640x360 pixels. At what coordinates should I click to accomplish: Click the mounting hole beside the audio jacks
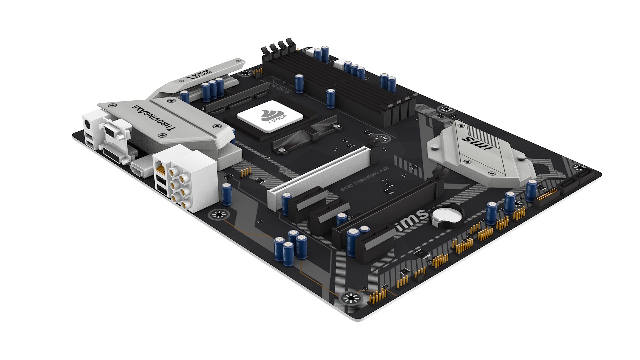(x=219, y=215)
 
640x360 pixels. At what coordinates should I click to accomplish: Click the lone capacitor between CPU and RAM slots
(x=330, y=98)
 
